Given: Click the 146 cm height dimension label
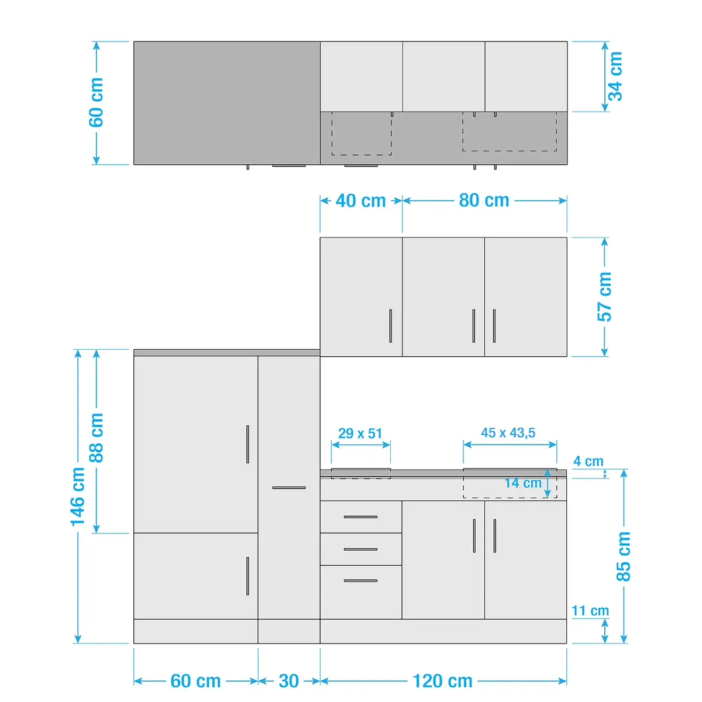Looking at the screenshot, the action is [77, 497].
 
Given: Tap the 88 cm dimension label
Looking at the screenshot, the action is [96, 438].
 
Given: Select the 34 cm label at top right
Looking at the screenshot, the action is [615, 77].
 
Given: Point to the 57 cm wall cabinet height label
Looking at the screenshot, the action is [604, 297].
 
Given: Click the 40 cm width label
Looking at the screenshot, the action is [361, 201].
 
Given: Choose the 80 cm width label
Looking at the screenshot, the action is [484, 201].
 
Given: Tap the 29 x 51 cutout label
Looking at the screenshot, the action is [360, 433].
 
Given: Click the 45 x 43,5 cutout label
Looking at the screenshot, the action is [508, 433].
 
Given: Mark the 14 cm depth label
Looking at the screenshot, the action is [523, 483].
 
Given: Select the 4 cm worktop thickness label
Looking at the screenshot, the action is [589, 461].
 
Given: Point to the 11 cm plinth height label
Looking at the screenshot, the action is [590, 611].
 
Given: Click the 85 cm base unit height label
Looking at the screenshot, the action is [623, 556].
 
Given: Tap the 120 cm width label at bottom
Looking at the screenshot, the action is [443, 681].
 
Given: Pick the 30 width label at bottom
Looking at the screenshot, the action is [289, 681].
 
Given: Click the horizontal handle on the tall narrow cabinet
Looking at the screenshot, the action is [289, 487].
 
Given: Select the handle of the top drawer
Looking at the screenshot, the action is [361, 517].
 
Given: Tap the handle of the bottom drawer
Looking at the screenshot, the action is [361, 581].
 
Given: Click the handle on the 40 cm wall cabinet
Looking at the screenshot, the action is [391, 326].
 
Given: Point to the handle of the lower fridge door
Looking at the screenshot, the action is [247, 576].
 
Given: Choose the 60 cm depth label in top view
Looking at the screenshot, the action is [96, 102].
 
